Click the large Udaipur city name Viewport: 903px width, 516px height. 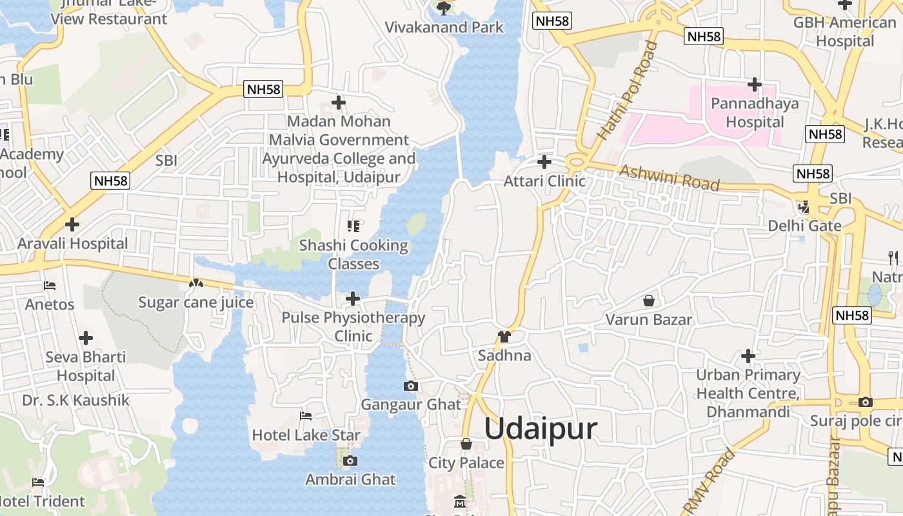click(541, 429)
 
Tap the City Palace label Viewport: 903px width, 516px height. click(466, 463)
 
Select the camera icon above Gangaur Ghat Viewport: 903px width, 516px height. click(410, 386)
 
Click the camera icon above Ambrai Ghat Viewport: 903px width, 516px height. click(350, 461)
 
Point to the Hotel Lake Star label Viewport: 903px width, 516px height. click(306, 435)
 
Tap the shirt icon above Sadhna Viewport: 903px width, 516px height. click(504, 337)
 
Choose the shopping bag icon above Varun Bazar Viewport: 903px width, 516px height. click(649, 301)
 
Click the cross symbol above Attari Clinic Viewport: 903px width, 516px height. click(544, 161)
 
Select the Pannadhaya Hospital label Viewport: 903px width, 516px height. click(755, 113)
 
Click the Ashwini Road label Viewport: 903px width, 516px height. click(670, 177)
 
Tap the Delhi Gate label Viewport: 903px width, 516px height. click(804, 226)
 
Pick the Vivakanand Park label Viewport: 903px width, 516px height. click(444, 27)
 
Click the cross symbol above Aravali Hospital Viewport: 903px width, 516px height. click(72, 224)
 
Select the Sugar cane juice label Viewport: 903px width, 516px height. click(196, 303)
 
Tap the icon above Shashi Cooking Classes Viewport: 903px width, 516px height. click(353, 226)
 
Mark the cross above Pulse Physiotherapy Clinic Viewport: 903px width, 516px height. click(353, 299)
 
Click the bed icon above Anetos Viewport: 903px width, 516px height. click(50, 285)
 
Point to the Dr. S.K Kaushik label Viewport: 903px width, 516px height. click(75, 401)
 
